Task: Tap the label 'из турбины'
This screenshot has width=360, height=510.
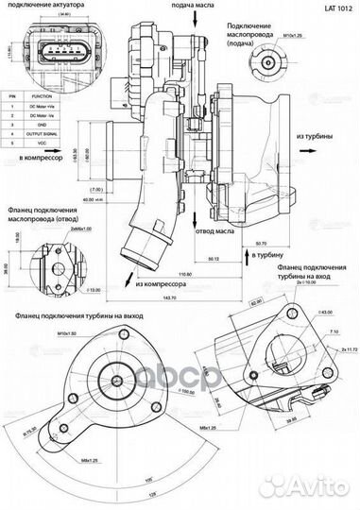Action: tap(317, 136)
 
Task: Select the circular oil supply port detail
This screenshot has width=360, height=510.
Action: tap(266, 66)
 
